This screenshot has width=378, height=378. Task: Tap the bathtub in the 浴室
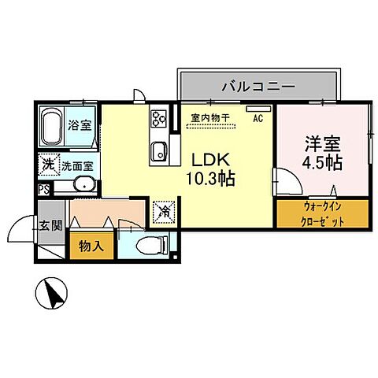[x=53, y=126]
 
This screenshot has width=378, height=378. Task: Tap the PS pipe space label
[x=43, y=188]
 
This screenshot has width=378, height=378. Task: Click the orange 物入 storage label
[x=91, y=246]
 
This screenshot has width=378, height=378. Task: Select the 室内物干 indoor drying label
[x=210, y=118]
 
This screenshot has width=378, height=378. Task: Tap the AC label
[x=258, y=119]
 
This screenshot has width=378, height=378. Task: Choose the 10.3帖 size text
[x=209, y=179]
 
